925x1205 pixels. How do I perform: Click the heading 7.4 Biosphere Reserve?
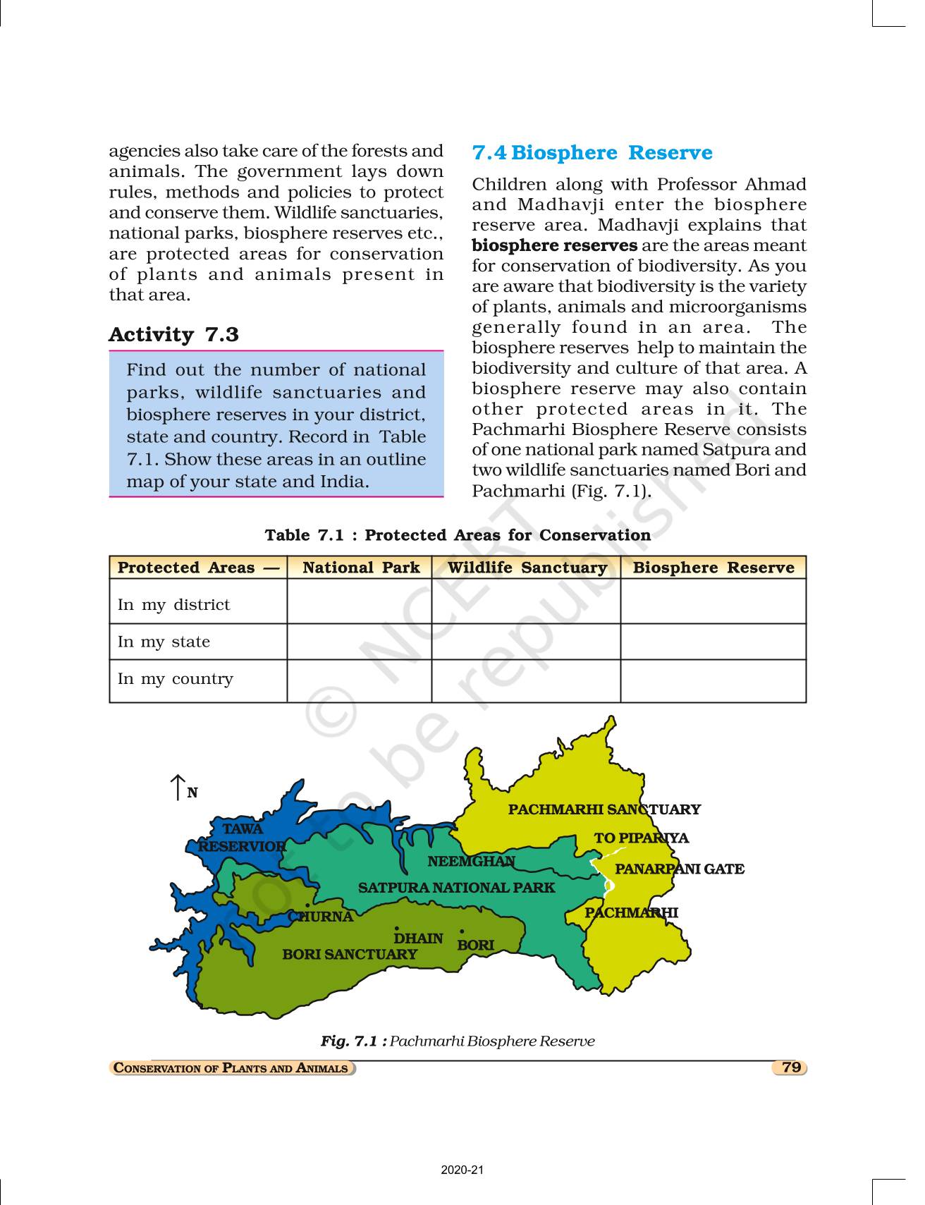tap(592, 153)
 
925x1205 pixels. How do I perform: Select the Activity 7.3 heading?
tap(173, 334)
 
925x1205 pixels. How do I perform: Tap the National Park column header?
tap(360, 568)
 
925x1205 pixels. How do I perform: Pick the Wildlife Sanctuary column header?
tap(527, 568)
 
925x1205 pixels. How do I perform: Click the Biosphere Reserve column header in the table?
tap(713, 568)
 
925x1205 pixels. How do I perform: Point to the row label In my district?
tap(173, 604)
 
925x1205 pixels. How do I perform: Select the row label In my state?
tap(164, 642)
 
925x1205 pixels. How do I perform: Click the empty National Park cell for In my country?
tap(360, 680)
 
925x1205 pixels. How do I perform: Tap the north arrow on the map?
tap(178, 787)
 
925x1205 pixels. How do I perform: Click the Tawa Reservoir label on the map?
tap(242, 838)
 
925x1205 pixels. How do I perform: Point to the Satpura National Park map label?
tap(456, 888)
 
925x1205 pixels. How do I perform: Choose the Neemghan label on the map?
tap(471, 861)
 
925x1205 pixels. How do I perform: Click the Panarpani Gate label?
tap(679, 869)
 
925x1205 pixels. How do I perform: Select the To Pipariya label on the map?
tap(641, 838)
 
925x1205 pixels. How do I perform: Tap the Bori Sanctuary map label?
tap(350, 954)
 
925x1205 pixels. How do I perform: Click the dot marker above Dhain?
tap(397, 929)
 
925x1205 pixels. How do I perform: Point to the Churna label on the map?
tap(321, 917)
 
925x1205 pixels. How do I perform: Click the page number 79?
tap(790, 1067)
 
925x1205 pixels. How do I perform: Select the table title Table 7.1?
tap(458, 535)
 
